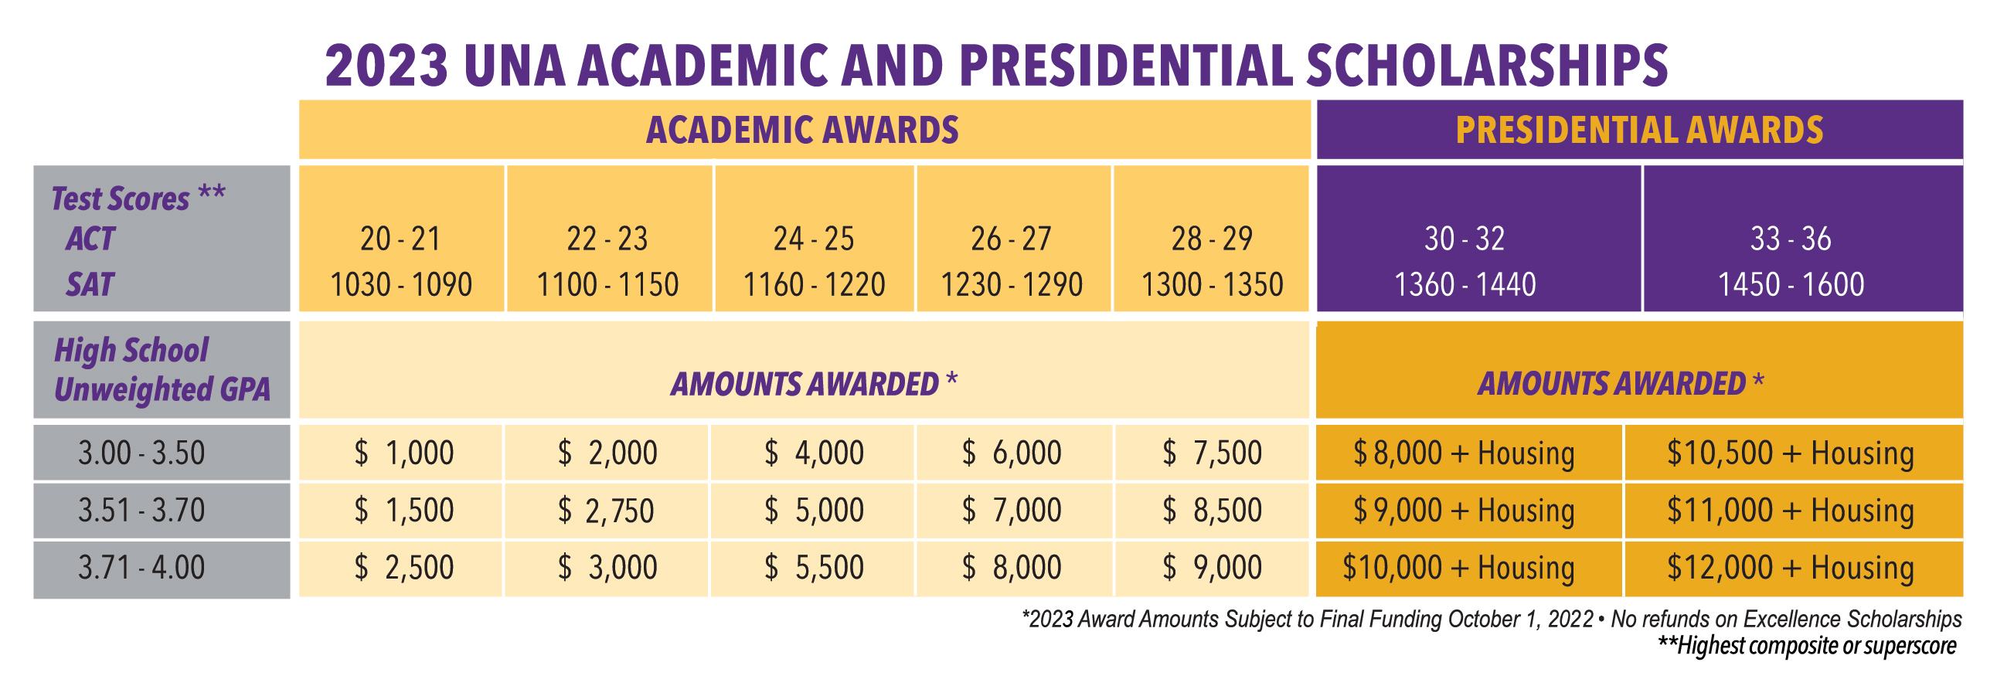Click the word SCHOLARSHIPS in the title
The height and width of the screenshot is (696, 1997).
point(1487,65)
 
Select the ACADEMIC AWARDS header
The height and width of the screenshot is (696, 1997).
point(802,131)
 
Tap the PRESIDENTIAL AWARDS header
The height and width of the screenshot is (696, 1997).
point(1640,131)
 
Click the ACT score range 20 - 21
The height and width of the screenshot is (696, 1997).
point(400,239)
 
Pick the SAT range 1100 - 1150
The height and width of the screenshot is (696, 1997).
point(607,284)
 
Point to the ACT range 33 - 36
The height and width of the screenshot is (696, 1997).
point(1791,239)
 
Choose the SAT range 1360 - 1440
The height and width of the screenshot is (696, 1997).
point(1465,284)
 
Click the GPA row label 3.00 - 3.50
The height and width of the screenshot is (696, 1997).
point(141,453)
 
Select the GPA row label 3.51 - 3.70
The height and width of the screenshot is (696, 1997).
point(141,510)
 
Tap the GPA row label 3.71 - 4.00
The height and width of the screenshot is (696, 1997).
point(141,567)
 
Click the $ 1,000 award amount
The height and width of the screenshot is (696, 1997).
point(404,453)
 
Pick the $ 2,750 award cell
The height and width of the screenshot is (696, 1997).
point(606,510)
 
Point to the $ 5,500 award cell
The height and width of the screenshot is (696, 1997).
point(814,567)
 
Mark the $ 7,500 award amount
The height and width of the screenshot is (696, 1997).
point(1213,453)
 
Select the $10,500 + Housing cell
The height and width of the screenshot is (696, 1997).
point(1791,453)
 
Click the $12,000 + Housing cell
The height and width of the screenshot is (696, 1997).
point(1791,567)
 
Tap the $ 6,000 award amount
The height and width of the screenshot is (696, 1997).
point(1012,453)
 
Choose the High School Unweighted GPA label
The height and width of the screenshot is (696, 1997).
point(162,370)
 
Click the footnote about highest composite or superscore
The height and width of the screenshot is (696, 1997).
point(1806,646)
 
